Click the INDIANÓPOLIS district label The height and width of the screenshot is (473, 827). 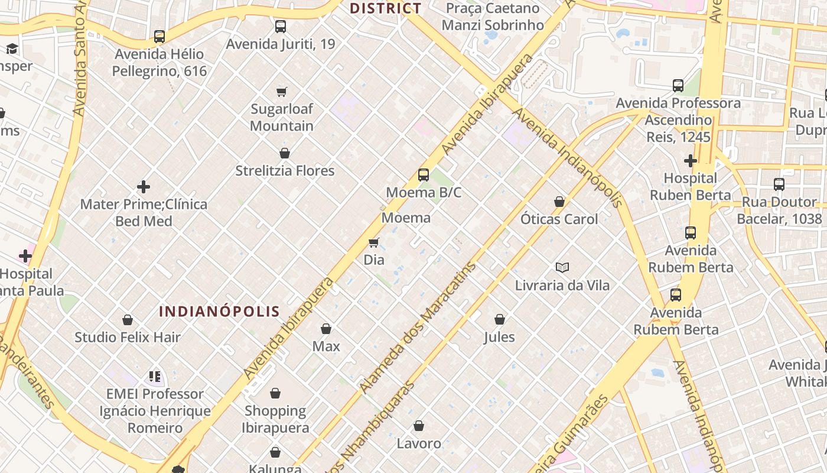click(x=219, y=312)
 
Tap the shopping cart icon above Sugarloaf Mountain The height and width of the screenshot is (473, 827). click(x=282, y=92)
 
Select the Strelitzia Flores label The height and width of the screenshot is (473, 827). click(x=285, y=171)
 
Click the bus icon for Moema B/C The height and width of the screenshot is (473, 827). click(x=424, y=175)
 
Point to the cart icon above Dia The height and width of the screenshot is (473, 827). click(x=373, y=242)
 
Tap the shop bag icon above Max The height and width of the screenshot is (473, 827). click(x=326, y=329)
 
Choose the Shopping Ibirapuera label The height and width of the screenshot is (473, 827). click(x=275, y=419)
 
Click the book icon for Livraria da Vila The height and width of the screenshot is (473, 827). click(x=562, y=268)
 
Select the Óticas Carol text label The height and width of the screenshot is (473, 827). click(x=559, y=219)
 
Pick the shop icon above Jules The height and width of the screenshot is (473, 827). click(x=500, y=319)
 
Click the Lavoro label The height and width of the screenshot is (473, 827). click(x=419, y=443)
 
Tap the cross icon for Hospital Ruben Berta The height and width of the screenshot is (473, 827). click(x=690, y=161)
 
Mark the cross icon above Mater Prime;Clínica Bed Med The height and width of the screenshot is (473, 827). click(x=144, y=187)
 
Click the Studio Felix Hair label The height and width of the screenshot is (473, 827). click(x=128, y=338)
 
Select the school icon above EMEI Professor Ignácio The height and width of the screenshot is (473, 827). click(x=155, y=377)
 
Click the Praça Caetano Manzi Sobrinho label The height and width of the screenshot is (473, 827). click(x=493, y=17)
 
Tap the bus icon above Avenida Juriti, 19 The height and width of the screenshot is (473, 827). click(x=281, y=27)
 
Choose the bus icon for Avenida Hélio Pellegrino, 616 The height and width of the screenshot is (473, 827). click(x=159, y=37)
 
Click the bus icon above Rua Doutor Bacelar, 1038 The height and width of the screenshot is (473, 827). click(x=779, y=184)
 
